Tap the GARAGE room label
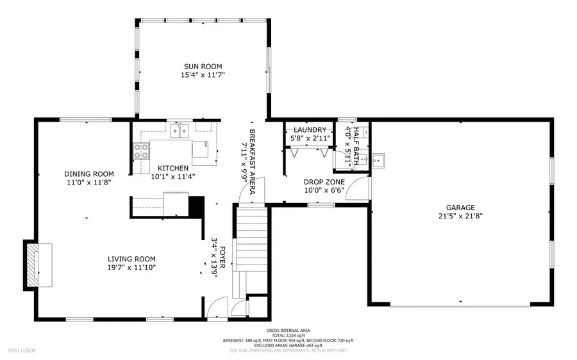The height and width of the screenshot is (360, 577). click(x=460, y=208)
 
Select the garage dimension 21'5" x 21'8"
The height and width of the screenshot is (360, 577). click(x=460, y=217)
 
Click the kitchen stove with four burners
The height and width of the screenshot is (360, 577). click(x=140, y=151)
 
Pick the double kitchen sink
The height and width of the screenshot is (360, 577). click(x=179, y=131)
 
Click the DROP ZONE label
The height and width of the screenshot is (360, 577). click(x=324, y=181)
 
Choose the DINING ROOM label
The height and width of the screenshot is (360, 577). click(x=89, y=174)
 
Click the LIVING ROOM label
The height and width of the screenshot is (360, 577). click(x=132, y=259)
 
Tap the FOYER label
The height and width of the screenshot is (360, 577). click(x=222, y=255)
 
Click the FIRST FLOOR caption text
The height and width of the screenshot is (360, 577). click(x=22, y=350)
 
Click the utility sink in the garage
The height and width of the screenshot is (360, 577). click(x=380, y=160)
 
